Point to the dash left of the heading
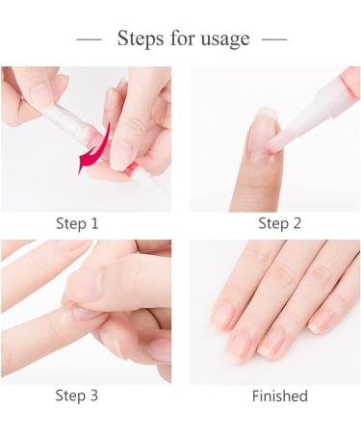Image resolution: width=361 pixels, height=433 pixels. tap(89, 39)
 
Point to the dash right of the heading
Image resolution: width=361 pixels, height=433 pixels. tap(274, 39)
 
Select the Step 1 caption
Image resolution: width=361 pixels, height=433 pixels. tap(77, 223)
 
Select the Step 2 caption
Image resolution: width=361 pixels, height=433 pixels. tap(279, 223)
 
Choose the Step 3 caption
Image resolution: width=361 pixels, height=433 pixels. tap(77, 395)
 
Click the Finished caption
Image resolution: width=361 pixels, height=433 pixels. tap(279, 395)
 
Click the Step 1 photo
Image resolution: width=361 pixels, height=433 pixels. tap(86, 139)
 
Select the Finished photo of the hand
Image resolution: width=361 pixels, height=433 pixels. tap(274, 312)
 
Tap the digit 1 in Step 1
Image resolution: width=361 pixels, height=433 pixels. tap(94, 223)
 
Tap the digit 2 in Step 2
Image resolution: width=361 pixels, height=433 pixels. tap(297, 223)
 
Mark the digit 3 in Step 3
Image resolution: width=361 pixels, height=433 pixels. tap(94, 395)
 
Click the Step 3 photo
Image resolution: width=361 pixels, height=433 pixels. tap(86, 312)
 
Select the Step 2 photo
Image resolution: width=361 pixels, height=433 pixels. tap(274, 139)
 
